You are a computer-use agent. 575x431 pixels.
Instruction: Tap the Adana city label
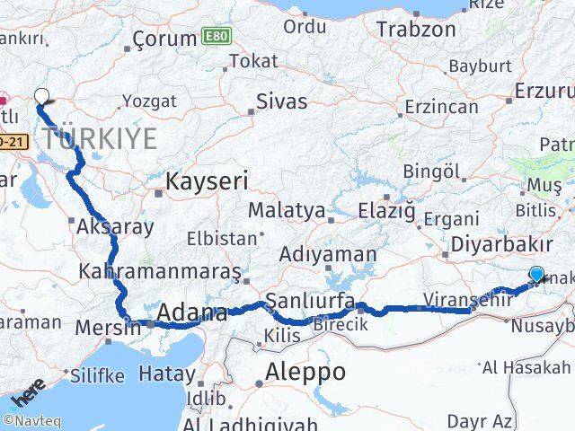point(191,313)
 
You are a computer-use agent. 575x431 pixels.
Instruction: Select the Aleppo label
point(305,372)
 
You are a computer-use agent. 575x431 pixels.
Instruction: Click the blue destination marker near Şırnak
point(536,276)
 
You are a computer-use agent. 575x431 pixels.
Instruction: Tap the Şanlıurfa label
point(309,299)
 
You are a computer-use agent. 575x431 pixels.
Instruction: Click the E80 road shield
point(214,36)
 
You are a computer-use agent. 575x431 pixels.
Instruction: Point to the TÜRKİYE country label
point(99,138)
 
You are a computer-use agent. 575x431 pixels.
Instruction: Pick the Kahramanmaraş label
point(160,270)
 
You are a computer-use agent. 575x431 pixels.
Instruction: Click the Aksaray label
point(115,226)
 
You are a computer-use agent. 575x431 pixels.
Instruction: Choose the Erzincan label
point(441,106)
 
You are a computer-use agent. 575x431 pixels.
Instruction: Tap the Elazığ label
point(386,211)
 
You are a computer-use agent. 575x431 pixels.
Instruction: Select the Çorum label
point(164,39)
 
